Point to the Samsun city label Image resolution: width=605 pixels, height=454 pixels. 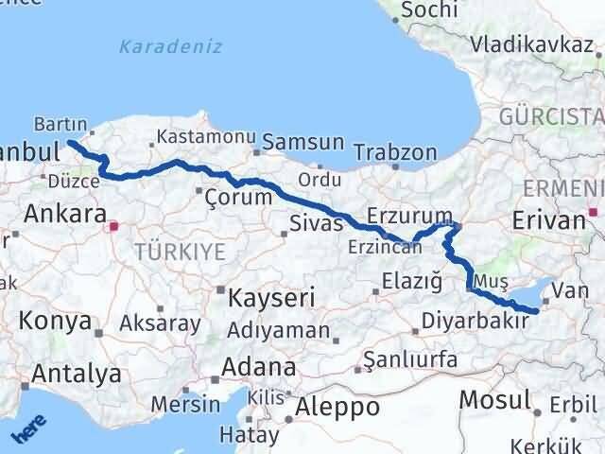(x=302, y=144)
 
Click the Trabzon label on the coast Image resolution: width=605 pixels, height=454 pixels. (x=395, y=152)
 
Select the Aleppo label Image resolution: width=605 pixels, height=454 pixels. (x=337, y=407)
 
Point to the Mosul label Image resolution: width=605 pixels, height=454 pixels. (x=495, y=399)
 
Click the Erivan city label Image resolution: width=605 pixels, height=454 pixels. (x=548, y=220)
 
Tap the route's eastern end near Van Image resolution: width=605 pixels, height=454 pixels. (x=536, y=310)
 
